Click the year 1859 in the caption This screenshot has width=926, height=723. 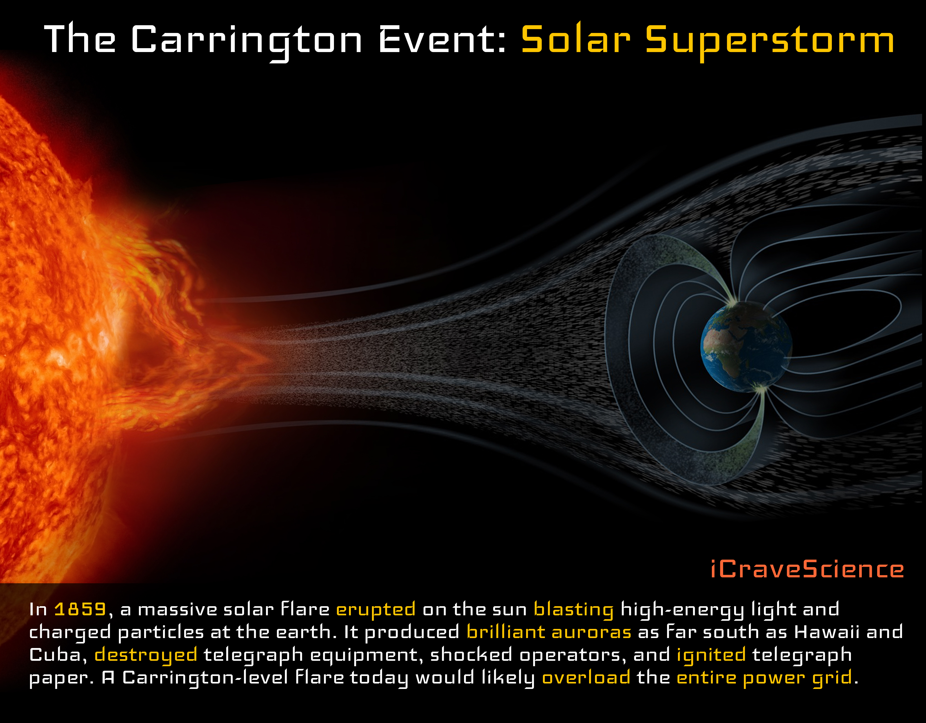click(80, 609)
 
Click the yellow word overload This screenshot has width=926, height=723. click(586, 677)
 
